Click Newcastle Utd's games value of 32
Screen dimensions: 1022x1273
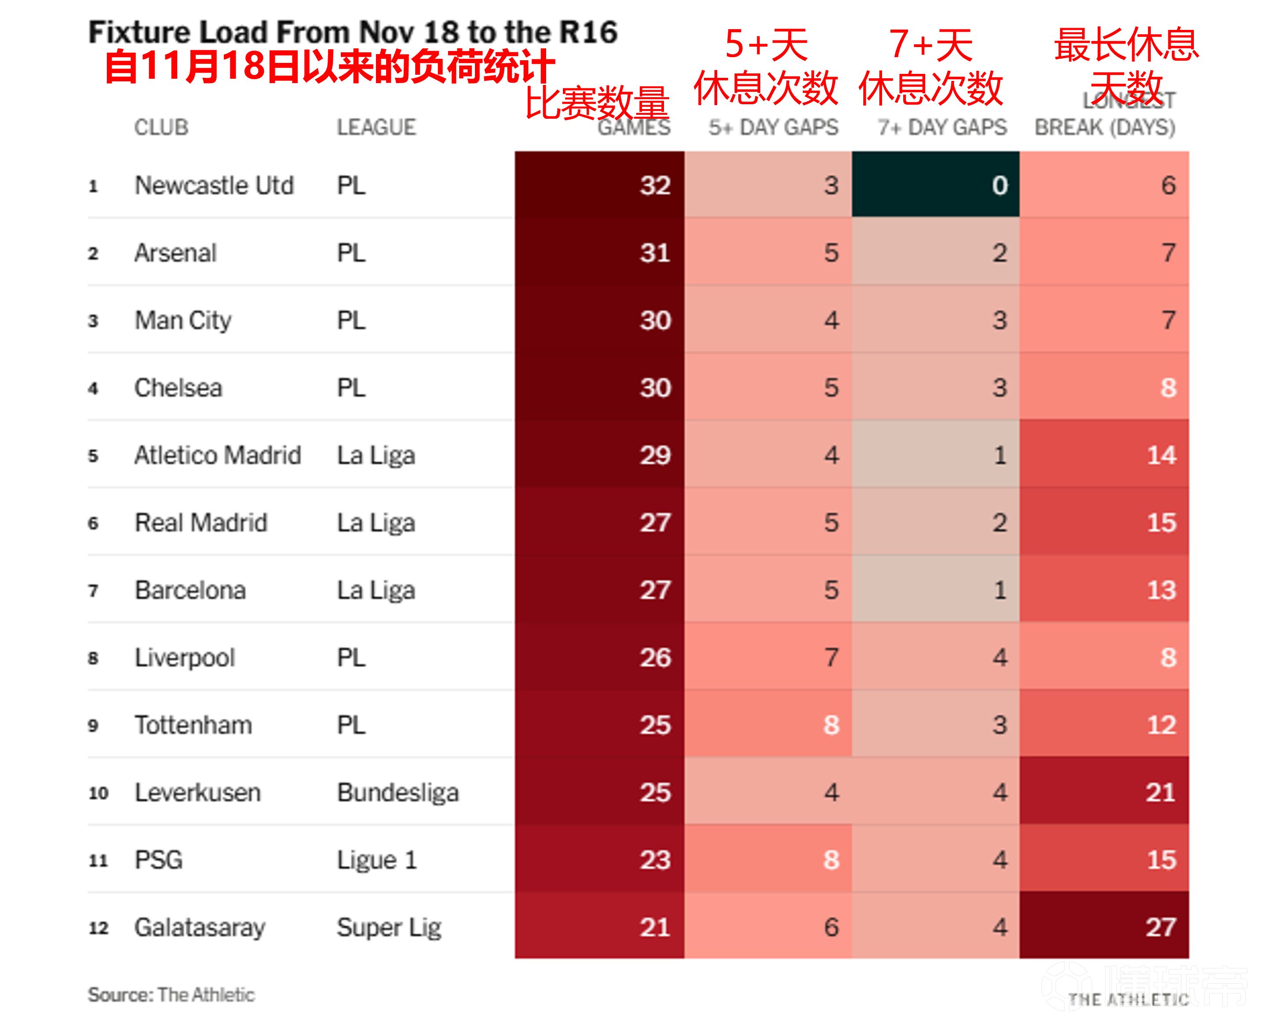(x=655, y=186)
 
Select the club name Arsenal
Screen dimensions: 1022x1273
(x=175, y=253)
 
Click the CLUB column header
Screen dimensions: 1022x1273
(x=161, y=127)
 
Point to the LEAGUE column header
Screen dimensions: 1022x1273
(x=376, y=127)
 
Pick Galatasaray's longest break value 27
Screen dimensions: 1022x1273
(x=1160, y=927)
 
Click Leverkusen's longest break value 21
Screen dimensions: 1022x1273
(x=1160, y=792)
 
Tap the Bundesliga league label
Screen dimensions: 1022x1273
(x=398, y=792)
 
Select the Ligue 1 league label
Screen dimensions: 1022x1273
(x=377, y=860)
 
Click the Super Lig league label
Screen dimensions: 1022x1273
(x=389, y=927)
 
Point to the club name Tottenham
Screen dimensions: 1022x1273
(x=193, y=725)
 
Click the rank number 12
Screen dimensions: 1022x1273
(x=98, y=927)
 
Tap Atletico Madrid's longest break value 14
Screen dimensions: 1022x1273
(x=1161, y=455)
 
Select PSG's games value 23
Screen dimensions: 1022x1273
(x=655, y=860)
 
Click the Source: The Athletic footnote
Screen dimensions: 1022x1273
(x=171, y=995)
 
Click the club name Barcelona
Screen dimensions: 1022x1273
(x=190, y=590)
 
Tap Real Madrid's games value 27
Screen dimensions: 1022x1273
(x=655, y=522)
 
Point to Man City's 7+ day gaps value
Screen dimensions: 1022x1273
(x=999, y=320)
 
